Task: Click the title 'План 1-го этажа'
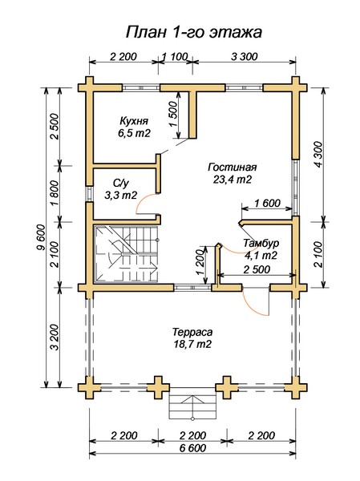194,32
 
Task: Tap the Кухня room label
134,120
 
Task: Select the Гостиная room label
233,168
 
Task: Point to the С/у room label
121,184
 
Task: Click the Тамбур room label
261,243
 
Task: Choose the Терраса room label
192,332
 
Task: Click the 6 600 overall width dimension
193,448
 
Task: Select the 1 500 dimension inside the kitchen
173,114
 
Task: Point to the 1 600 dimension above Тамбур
267,203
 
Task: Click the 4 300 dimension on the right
319,154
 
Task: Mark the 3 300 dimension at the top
245,56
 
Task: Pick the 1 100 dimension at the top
175,56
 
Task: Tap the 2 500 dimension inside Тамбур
257,269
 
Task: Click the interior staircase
127,253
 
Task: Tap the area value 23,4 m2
233,179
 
